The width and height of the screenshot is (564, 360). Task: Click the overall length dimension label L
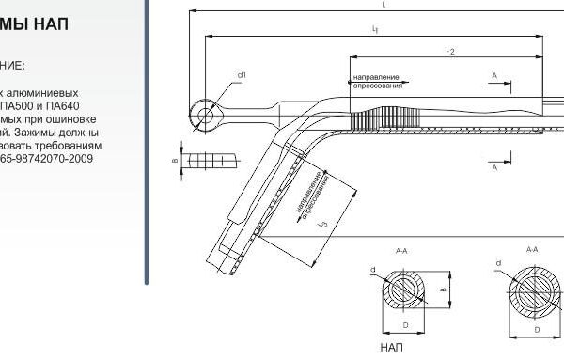384,5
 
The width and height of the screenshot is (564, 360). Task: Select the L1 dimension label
375,30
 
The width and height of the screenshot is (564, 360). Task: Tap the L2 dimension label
452,51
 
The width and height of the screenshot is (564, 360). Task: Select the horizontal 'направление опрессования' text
376,80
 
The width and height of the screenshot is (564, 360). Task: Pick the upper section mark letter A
493,73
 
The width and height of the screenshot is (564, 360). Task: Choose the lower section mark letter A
493,167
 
